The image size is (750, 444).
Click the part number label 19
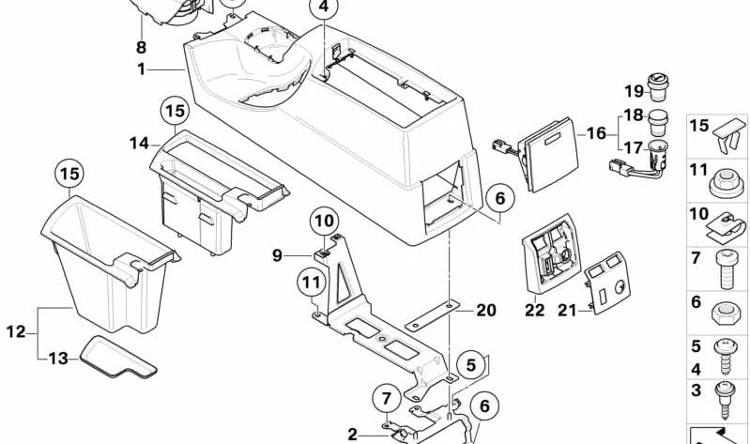(635, 91)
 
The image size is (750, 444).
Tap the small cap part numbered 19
(658, 87)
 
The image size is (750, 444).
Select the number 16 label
(596, 133)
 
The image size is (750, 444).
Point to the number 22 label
(534, 310)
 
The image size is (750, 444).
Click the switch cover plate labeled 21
(607, 283)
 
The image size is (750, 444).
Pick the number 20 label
(485, 311)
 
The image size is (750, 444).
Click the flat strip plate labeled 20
(433, 315)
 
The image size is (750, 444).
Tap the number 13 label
(58, 359)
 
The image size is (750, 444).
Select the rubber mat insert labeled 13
(117, 358)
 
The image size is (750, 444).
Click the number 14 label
(139, 143)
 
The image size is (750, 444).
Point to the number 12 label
(15, 331)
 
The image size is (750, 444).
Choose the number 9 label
(277, 255)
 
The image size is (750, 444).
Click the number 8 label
(141, 47)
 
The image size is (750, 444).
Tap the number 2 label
(352, 435)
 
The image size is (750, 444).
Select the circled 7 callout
(387, 398)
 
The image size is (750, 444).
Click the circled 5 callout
(471, 365)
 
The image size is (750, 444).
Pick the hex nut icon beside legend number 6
(727, 314)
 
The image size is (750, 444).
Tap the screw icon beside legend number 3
(726, 399)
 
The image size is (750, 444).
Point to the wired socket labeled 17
(641, 161)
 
